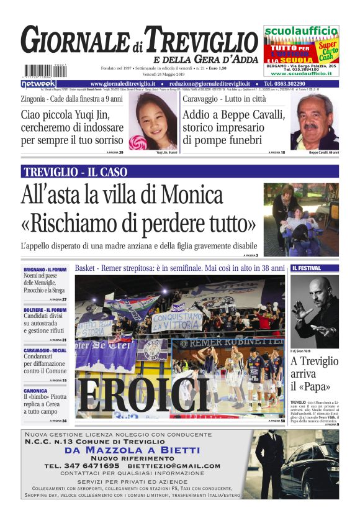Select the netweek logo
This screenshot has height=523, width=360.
(38, 83)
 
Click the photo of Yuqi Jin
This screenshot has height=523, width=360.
(156, 122)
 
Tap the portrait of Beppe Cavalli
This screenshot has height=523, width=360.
(314, 122)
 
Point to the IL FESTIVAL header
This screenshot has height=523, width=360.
(307, 268)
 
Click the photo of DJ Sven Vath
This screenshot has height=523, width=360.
(314, 311)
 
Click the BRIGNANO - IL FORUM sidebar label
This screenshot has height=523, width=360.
(45, 269)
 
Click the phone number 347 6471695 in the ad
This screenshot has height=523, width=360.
(90, 465)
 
